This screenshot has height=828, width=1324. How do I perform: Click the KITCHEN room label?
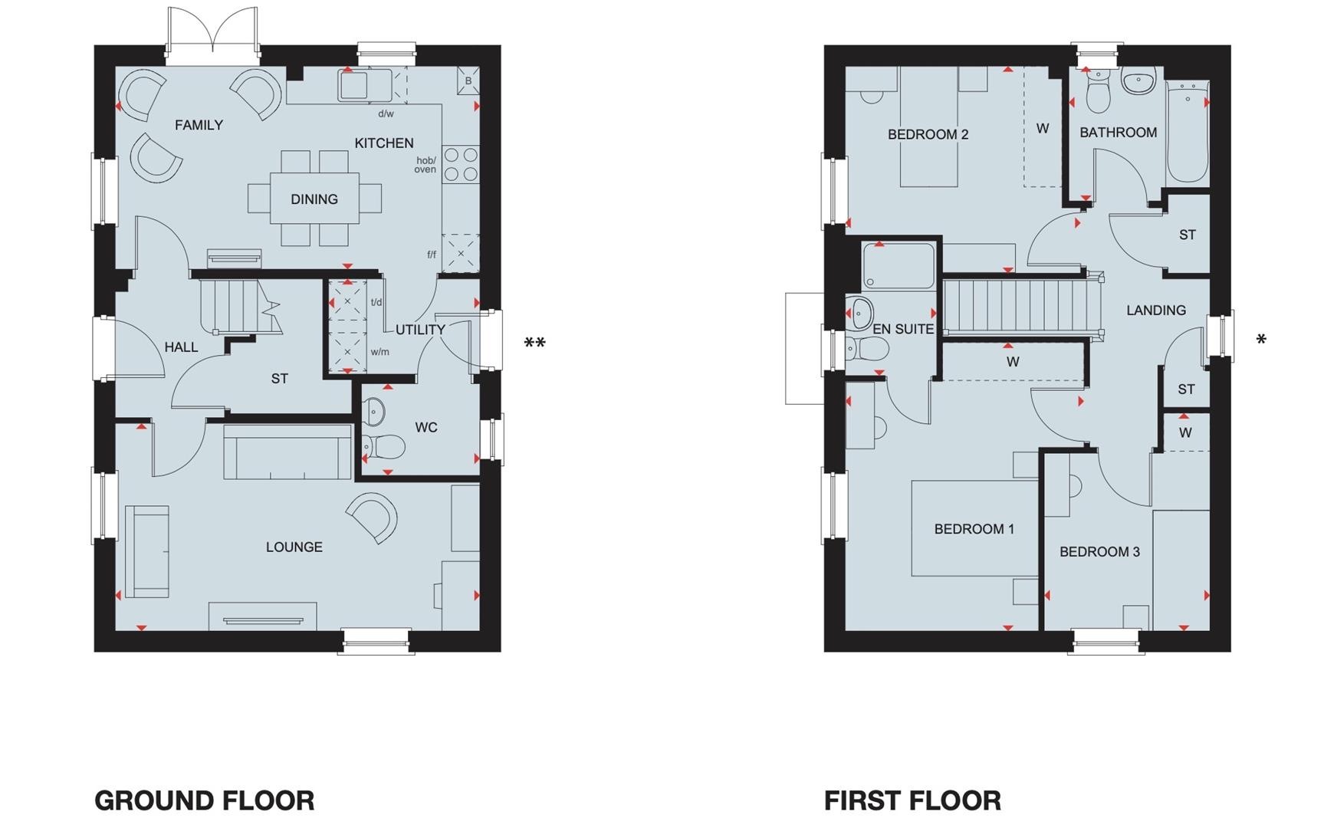point(383,143)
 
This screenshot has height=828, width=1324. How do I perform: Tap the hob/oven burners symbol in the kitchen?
point(462,165)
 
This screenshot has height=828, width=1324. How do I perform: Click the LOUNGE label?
point(294,547)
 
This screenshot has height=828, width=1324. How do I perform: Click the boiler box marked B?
point(468,80)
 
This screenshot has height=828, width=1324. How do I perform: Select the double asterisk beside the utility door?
point(534,343)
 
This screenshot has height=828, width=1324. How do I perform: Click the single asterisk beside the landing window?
point(1261,339)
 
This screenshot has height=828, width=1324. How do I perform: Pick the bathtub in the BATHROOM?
point(1187,132)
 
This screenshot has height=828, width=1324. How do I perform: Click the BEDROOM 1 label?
point(974,529)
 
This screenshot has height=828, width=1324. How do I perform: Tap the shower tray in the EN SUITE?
point(898,265)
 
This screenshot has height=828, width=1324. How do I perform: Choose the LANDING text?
point(1155,310)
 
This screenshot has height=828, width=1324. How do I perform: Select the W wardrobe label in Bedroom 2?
point(1042,129)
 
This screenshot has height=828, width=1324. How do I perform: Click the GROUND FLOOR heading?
point(204,801)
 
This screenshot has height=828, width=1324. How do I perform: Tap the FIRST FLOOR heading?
point(912,801)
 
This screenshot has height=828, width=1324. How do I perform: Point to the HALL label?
point(181,347)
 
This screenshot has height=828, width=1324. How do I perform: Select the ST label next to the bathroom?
point(1187,235)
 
